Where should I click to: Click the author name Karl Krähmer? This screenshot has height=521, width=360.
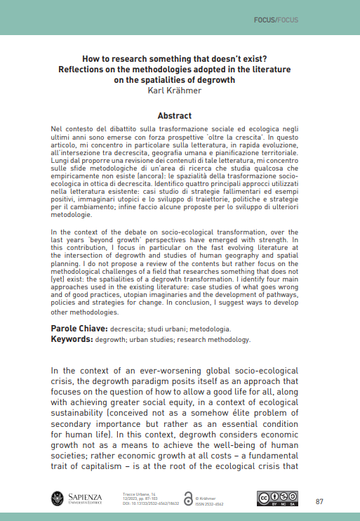tap(180, 90)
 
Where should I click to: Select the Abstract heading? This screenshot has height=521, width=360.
tap(180, 115)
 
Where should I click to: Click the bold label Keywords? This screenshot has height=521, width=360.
tap(74, 338)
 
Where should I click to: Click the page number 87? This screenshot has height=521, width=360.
tap(319, 501)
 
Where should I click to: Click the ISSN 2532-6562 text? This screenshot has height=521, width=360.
tap(209, 503)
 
